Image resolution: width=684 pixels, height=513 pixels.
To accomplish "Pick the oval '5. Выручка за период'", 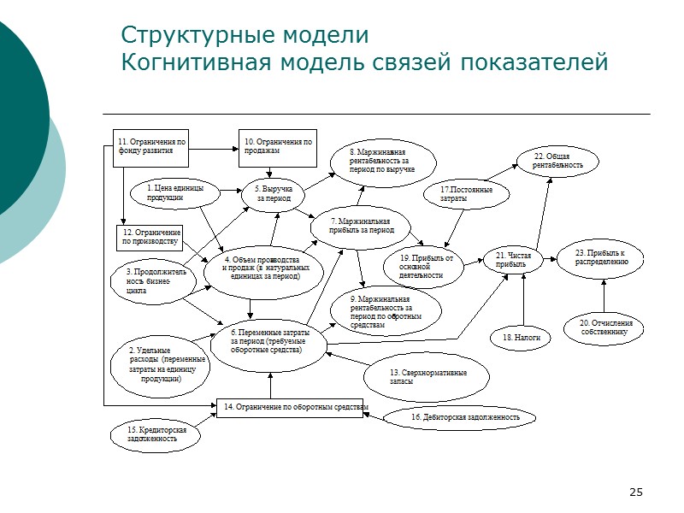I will (x=274, y=193).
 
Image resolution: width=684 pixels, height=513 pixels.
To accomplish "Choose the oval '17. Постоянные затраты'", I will (x=467, y=194).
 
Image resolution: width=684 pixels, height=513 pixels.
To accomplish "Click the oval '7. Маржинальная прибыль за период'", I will (x=363, y=227).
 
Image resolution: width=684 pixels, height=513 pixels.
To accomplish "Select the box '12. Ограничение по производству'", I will (x=150, y=237).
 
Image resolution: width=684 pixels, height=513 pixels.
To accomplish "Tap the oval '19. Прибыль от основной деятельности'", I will (x=431, y=266).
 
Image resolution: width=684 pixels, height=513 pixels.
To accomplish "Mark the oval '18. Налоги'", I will (x=521, y=338).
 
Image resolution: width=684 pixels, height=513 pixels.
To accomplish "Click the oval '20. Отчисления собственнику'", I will (x=605, y=327).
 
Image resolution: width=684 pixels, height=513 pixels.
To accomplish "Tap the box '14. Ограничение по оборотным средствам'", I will (x=294, y=408).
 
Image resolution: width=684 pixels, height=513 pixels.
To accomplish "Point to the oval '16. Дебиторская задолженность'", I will (x=461, y=417).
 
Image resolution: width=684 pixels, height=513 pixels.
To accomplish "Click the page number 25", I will (x=635, y=492).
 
